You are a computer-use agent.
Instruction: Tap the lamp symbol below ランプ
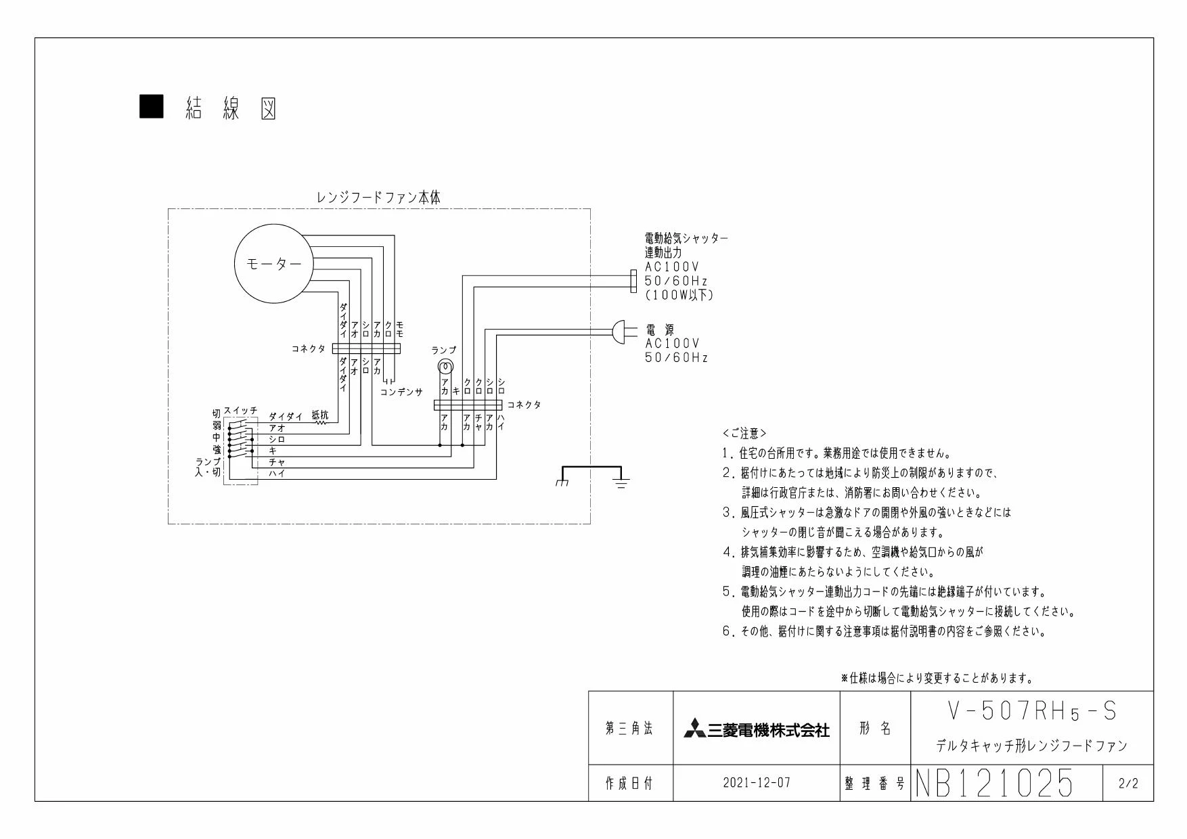pyautogui.click(x=445, y=367)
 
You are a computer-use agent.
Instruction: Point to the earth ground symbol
pyautogui.click(x=621, y=482)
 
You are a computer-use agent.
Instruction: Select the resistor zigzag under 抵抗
pyautogui.click(x=321, y=423)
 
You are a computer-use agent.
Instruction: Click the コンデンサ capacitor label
pyautogui.click(x=401, y=392)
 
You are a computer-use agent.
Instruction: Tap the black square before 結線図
pyautogui.click(x=151, y=107)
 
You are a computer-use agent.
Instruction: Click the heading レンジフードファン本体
pyautogui.click(x=379, y=198)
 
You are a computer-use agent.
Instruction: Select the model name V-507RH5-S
pyautogui.click(x=1031, y=711)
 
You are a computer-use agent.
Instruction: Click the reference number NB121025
pyautogui.click(x=994, y=783)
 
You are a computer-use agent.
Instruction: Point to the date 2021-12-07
pyautogui.click(x=756, y=783)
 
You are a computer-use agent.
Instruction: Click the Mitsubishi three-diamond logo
pyautogui.click(x=694, y=729)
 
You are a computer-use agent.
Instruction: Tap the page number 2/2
pyautogui.click(x=1128, y=784)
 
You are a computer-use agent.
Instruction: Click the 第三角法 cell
pyautogui.click(x=629, y=729)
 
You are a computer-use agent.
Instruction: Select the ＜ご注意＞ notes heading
pyautogui.click(x=744, y=433)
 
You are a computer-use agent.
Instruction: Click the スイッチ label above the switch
pyautogui.click(x=241, y=411)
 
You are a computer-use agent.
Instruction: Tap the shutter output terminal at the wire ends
pyautogui.click(x=633, y=281)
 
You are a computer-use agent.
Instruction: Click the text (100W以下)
pyautogui.click(x=679, y=295)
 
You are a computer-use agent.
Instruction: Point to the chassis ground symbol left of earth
pyautogui.click(x=562, y=482)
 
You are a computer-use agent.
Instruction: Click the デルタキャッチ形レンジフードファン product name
pyautogui.click(x=1031, y=746)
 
